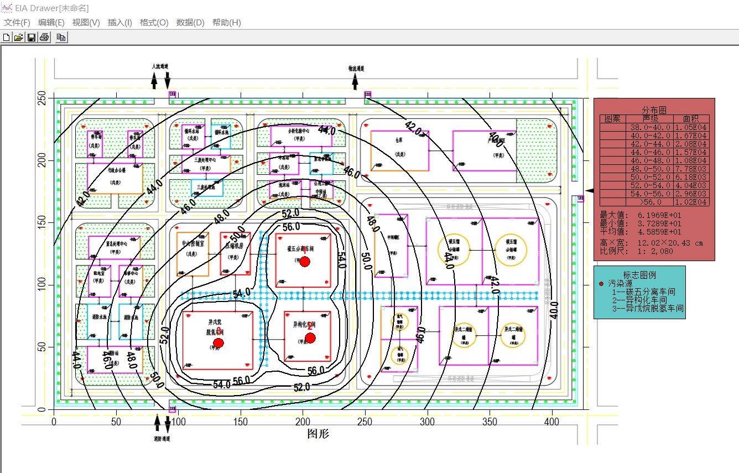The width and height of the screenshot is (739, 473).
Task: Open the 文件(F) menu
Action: point(17,23)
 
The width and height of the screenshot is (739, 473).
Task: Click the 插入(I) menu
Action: point(119,23)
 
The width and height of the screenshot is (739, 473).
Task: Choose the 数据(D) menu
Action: point(190,23)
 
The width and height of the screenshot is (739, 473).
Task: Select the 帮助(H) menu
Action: point(227,23)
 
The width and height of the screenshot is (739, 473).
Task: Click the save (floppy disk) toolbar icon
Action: point(32,37)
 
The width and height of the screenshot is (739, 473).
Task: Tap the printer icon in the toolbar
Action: point(44,37)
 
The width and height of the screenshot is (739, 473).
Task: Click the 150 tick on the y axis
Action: point(40,223)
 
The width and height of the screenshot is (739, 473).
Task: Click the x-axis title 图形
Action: point(318,434)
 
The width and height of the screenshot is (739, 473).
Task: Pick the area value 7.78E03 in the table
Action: point(691,169)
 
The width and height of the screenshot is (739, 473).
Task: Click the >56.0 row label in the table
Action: point(654,202)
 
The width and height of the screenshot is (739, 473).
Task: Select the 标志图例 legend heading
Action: point(639,275)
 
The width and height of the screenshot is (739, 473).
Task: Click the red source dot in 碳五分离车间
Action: point(304,261)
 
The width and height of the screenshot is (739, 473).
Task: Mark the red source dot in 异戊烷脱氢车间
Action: point(218,343)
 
